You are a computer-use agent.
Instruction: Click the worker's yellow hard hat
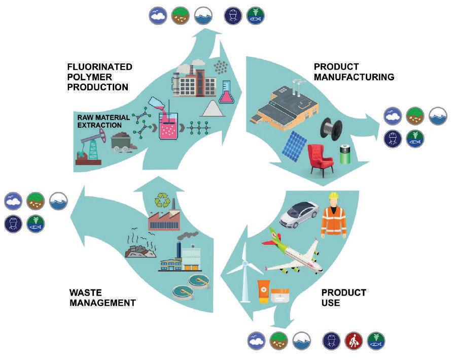[x=333, y=196]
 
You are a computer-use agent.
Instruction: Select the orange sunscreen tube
[x=263, y=291]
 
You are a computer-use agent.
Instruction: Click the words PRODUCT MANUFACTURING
[x=354, y=72]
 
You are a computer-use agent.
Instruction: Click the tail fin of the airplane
[x=270, y=235]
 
